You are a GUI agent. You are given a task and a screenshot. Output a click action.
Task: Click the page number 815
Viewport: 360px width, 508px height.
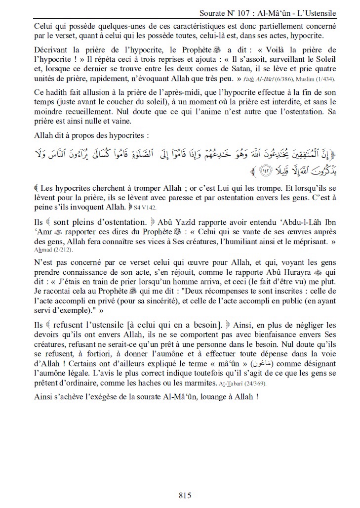[184, 495]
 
